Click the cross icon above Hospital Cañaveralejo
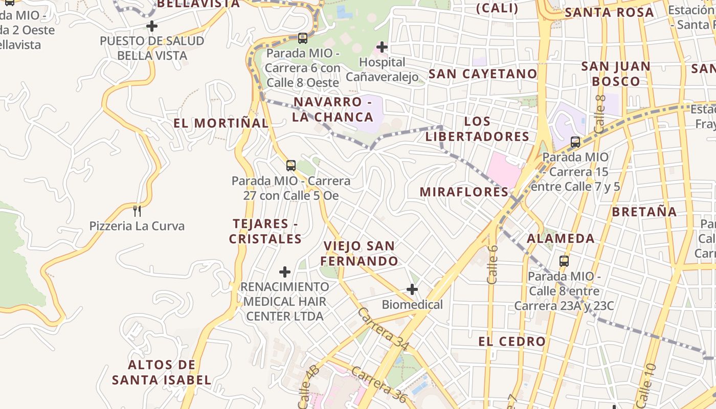tap(382, 48)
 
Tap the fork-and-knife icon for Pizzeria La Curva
tap(137, 211)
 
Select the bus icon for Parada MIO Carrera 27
tap(291, 165)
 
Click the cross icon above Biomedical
tap(412, 290)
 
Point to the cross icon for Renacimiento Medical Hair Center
tap(285, 272)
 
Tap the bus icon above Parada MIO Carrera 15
tap(575, 142)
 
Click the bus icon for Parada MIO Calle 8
tap(564, 261)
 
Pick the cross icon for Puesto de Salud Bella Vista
tap(152, 26)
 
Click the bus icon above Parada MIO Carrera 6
tap(303, 38)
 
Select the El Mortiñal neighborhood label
tap(220, 123)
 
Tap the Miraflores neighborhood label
tap(464, 192)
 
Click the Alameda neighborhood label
tap(561, 239)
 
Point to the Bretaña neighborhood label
tap(644, 212)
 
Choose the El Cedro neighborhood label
tap(512, 342)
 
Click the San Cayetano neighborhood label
tap(482, 74)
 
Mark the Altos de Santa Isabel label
tap(162, 372)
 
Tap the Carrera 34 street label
tap(383, 329)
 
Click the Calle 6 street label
tap(492, 264)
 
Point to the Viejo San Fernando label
tap(359, 254)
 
